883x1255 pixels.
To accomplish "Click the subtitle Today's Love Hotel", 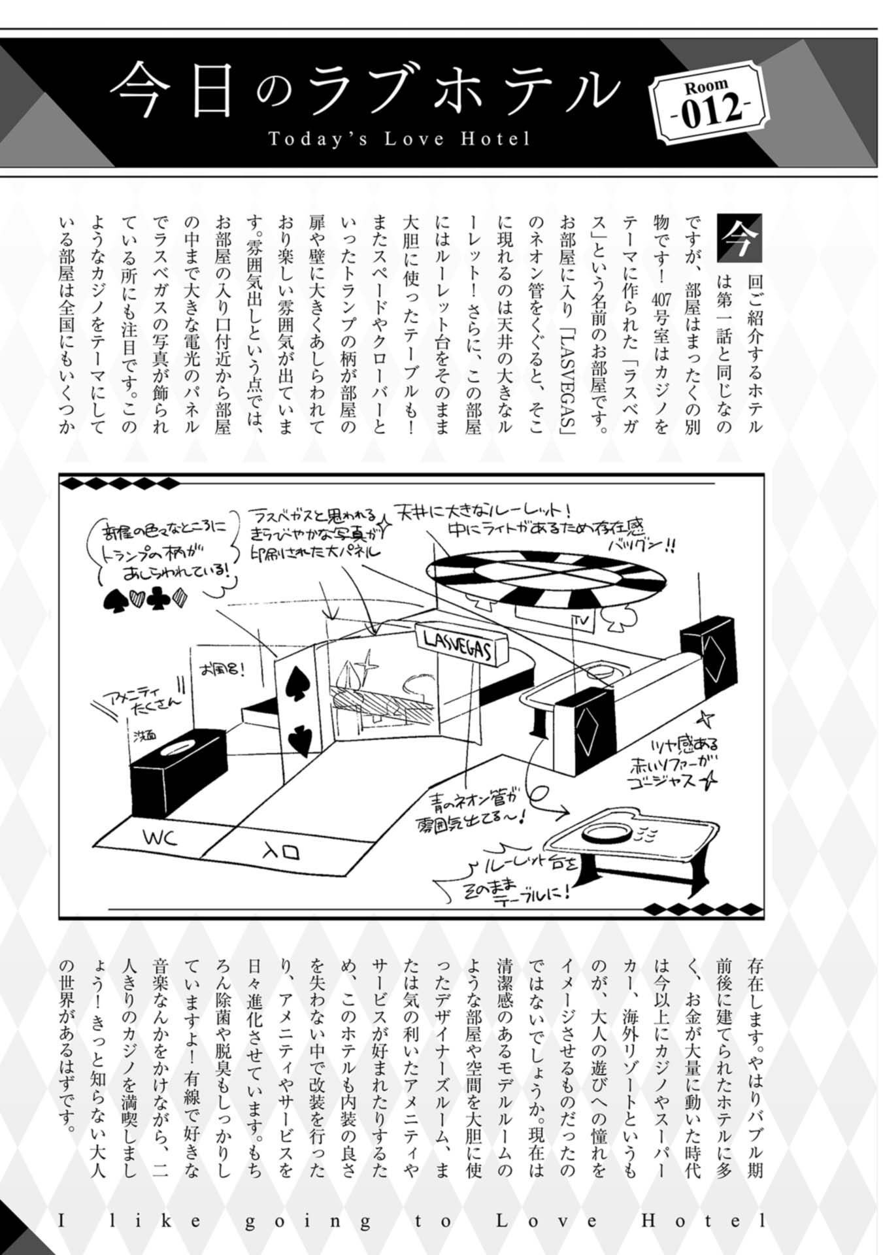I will tap(399, 139).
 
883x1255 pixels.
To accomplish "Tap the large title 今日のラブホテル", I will tap(363, 90).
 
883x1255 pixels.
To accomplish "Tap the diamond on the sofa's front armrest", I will tap(585, 724).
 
